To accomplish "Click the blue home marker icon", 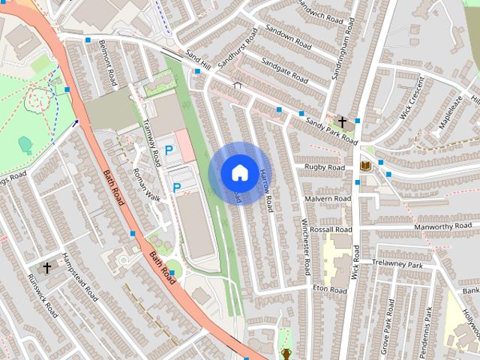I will pos(238,172).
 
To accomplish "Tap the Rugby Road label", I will pos(324,167).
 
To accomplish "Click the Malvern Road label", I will pos(328,199).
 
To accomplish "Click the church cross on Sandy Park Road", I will pos(343,121).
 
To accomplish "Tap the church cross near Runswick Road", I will pos(46,267).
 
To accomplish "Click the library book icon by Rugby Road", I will pos(366,165).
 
